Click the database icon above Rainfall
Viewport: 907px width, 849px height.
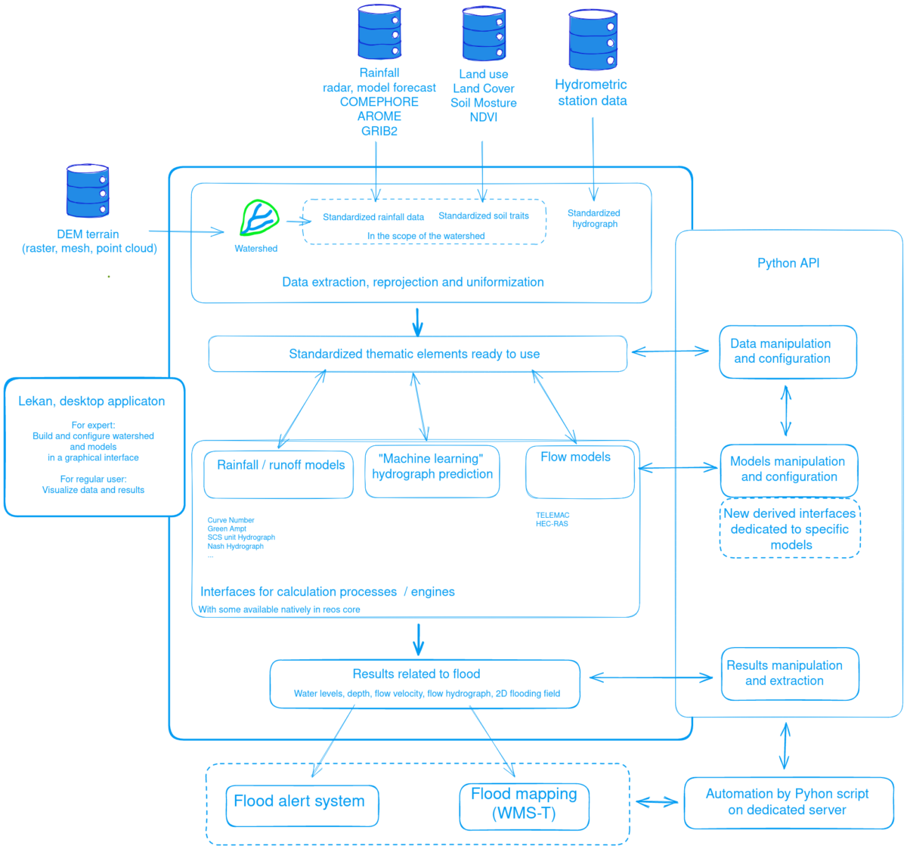pyautogui.click(x=379, y=32)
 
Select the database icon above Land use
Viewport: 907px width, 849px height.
pyautogui.click(x=484, y=34)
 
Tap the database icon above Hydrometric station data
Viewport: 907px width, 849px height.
pyautogui.click(x=593, y=39)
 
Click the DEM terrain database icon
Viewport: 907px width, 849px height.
pyautogui.click(x=88, y=191)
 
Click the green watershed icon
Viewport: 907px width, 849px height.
pyautogui.click(x=259, y=219)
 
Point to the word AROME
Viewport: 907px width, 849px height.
pyautogui.click(x=379, y=116)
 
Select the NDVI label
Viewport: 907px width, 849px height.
pyautogui.click(x=484, y=117)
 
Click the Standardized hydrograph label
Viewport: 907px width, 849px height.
pyautogui.click(x=594, y=218)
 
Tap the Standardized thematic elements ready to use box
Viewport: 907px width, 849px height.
pyautogui.click(x=417, y=354)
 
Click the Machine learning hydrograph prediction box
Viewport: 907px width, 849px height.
pyautogui.click(x=432, y=471)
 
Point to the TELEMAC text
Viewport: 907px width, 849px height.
pyautogui.click(x=553, y=515)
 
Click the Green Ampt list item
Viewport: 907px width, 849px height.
pyautogui.click(x=227, y=528)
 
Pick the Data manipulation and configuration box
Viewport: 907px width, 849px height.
pyautogui.click(x=788, y=352)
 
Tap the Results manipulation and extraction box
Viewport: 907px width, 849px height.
pyautogui.click(x=790, y=674)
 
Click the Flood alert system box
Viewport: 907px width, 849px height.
pyautogui.click(x=302, y=805)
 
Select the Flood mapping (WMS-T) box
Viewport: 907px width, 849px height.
pyautogui.click(x=524, y=806)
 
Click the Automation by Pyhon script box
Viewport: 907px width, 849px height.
pyautogui.click(x=788, y=803)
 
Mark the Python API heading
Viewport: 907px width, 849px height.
pyautogui.click(x=788, y=263)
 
